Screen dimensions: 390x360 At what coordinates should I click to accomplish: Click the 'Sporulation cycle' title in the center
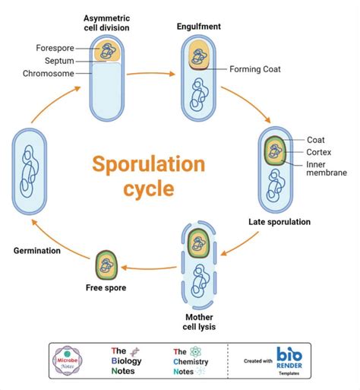coord(148,176)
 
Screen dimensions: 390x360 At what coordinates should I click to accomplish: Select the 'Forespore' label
coord(55,48)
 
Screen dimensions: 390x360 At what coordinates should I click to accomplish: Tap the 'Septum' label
coord(58,61)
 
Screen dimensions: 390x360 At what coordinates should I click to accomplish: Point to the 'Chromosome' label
coord(49,74)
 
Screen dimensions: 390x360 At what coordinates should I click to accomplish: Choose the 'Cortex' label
coord(319,151)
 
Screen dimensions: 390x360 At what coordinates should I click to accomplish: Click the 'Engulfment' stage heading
coord(200,27)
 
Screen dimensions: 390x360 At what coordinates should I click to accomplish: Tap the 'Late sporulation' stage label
coord(283,222)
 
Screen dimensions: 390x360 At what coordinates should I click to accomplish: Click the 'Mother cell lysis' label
coord(200,322)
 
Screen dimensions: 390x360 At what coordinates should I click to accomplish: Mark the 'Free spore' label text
coord(106,289)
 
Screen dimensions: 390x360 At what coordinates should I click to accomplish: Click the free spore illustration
coord(106,265)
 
